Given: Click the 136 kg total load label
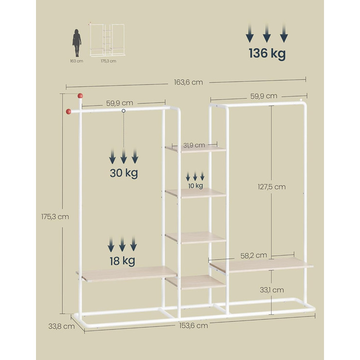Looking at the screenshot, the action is pos(267,53).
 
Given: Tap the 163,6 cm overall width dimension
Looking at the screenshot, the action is pos(188,82).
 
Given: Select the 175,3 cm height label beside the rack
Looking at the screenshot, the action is pos(55,217).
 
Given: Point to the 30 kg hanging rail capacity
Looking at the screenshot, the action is pos(124,173).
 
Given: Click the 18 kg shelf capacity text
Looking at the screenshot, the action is pos(122,261).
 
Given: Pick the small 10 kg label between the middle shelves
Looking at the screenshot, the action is pos(195,186).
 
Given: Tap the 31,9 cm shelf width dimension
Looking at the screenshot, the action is pos(194,145).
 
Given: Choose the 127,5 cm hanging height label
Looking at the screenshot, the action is pos(272,187).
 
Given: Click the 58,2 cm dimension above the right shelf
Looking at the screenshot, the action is pos(254,256).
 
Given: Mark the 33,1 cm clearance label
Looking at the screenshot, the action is pos(272,290).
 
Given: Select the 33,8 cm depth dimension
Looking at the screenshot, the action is pos(62,326).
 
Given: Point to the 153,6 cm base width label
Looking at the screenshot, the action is pos(193,326).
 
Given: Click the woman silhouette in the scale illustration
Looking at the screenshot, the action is pos(77,43).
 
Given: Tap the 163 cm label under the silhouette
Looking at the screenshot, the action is pos(77,61).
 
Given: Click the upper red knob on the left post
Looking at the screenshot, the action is pos(80,96).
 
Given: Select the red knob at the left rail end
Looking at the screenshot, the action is pos(68,112).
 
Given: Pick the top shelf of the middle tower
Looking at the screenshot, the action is pos(195,149).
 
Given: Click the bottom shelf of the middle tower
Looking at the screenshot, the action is pos(195,282).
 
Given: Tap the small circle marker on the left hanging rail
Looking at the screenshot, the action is pos(123,111).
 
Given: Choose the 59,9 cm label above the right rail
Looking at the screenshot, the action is pos(264,96).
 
